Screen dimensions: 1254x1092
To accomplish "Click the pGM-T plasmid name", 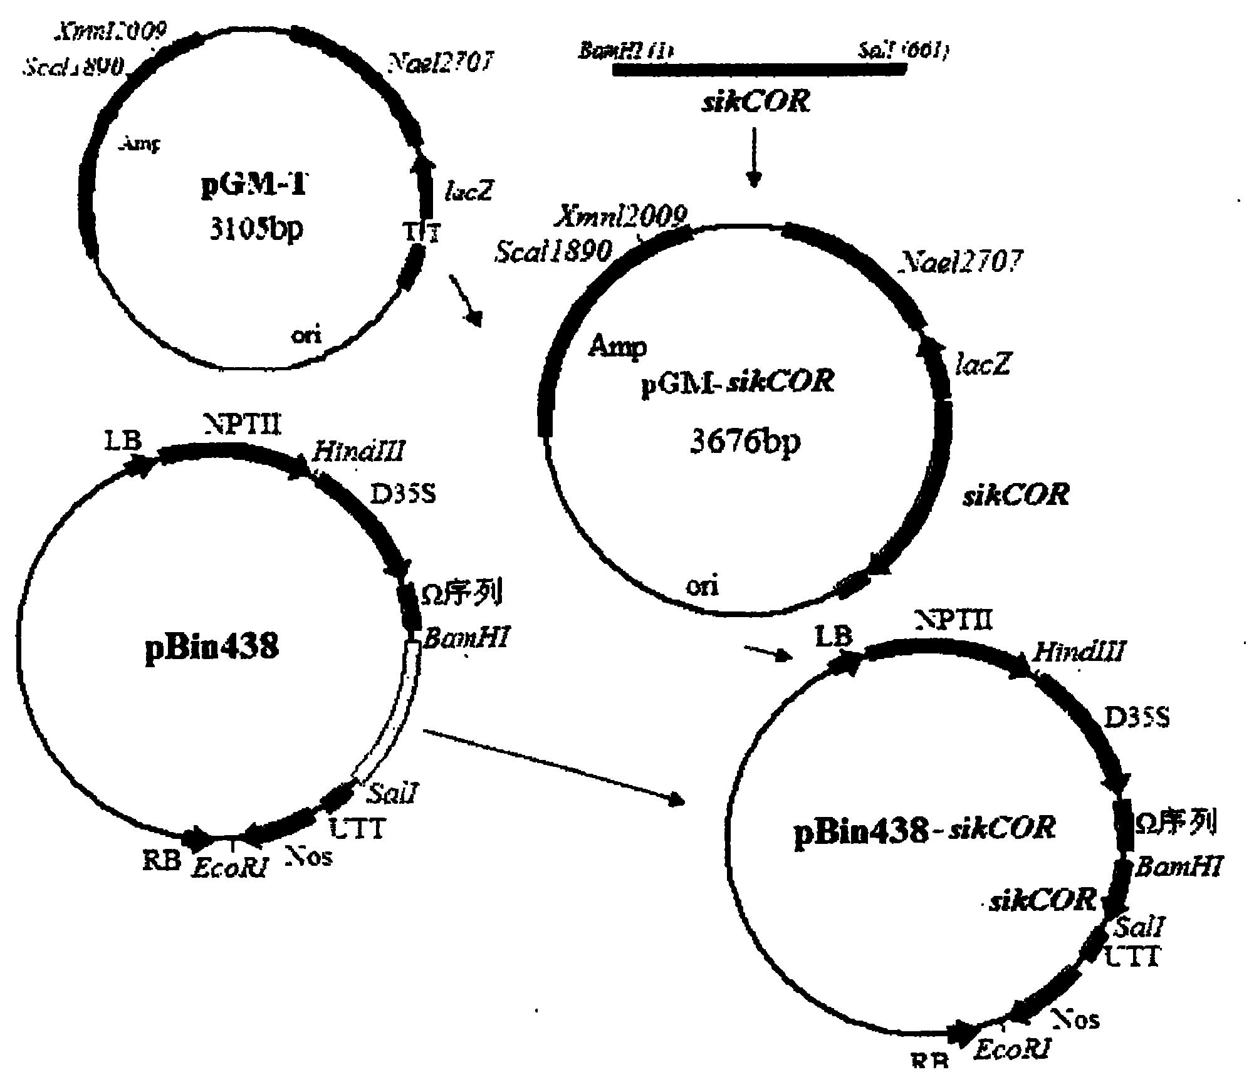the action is (254, 186).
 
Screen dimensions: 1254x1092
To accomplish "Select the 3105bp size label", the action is (256, 229).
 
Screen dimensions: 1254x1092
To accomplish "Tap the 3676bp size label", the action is (745, 442).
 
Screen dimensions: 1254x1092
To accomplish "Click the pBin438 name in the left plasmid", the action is (211, 646).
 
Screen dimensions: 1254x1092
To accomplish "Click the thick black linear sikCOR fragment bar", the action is (759, 70).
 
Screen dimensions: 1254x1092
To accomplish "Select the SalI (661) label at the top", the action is (903, 50).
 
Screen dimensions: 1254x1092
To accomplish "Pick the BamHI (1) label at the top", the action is (625, 50).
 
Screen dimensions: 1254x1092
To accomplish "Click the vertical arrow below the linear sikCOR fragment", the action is (754, 157).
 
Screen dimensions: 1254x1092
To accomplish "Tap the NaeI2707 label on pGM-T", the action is (441, 63).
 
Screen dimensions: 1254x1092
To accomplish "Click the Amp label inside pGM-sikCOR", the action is (617, 346).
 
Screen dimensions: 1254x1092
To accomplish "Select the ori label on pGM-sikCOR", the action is (702, 586).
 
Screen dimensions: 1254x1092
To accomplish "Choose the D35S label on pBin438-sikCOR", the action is (1136, 718).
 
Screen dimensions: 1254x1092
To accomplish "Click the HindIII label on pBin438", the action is (358, 451).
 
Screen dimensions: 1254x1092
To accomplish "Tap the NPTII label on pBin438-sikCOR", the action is (954, 621).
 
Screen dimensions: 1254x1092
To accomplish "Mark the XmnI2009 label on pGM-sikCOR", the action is (620, 216).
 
